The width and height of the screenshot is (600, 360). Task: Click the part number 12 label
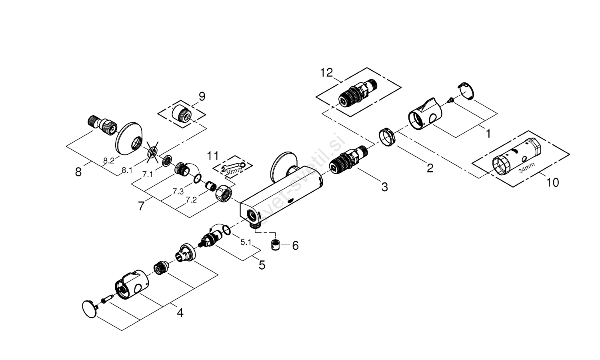coord(326,73)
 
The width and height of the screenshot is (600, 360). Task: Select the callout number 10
coord(552,182)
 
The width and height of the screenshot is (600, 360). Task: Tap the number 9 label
coord(202,96)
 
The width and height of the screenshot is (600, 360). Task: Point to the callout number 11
coord(214,155)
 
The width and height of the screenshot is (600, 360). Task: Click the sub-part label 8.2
coord(108,161)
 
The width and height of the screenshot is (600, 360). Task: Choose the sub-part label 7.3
coord(178,192)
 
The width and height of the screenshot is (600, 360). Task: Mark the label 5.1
coord(245,242)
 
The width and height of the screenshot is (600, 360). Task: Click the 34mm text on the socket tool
coord(526,170)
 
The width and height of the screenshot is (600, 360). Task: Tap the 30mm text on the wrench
coord(234,171)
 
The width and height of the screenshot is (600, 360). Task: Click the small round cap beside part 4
coord(89,309)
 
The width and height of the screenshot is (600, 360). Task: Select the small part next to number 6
coord(276,245)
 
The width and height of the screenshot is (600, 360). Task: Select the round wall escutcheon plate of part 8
coord(130,137)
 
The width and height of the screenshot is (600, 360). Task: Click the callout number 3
coord(384,187)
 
